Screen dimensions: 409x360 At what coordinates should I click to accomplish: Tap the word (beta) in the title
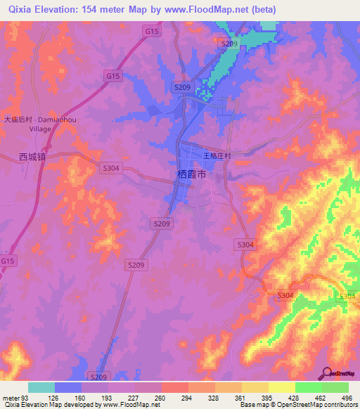click(261, 10)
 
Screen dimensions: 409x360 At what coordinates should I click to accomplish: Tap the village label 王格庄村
click(217, 155)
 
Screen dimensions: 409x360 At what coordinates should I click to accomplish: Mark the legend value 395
click(268, 398)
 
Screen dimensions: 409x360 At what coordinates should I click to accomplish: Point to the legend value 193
click(108, 398)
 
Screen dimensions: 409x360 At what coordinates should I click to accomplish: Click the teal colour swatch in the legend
click(41, 387)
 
